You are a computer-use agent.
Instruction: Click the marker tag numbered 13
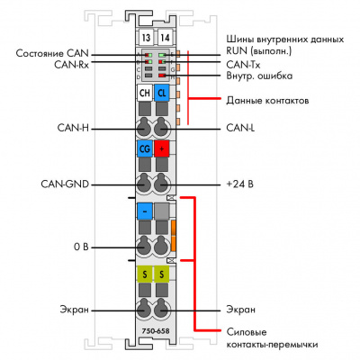tap(146, 38)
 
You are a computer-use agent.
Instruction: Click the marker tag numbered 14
tap(165, 38)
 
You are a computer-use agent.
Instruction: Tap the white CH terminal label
tap(145, 93)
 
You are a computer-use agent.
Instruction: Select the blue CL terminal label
tap(162, 93)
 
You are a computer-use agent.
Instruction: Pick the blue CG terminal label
tap(145, 148)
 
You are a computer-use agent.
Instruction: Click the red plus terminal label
tap(162, 148)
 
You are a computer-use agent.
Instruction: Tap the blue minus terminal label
tap(145, 211)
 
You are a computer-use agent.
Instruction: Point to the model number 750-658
tap(156, 331)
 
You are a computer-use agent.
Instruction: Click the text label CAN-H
tap(73, 128)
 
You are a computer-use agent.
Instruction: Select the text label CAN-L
tap(240, 128)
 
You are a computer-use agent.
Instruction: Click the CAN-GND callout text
tap(65, 184)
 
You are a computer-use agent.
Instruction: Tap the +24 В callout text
tap(240, 184)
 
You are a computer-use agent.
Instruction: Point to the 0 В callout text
tap(81, 247)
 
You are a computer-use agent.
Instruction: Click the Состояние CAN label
tap(52, 53)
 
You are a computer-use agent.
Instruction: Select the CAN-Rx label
tap(72, 65)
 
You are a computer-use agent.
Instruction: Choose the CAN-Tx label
tap(243, 65)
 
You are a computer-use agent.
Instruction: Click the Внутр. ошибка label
tap(259, 76)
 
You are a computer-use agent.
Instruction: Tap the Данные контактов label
tap(267, 100)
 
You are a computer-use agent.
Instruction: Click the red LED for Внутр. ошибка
tap(163, 76)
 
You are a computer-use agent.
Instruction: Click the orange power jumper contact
tap(173, 236)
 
